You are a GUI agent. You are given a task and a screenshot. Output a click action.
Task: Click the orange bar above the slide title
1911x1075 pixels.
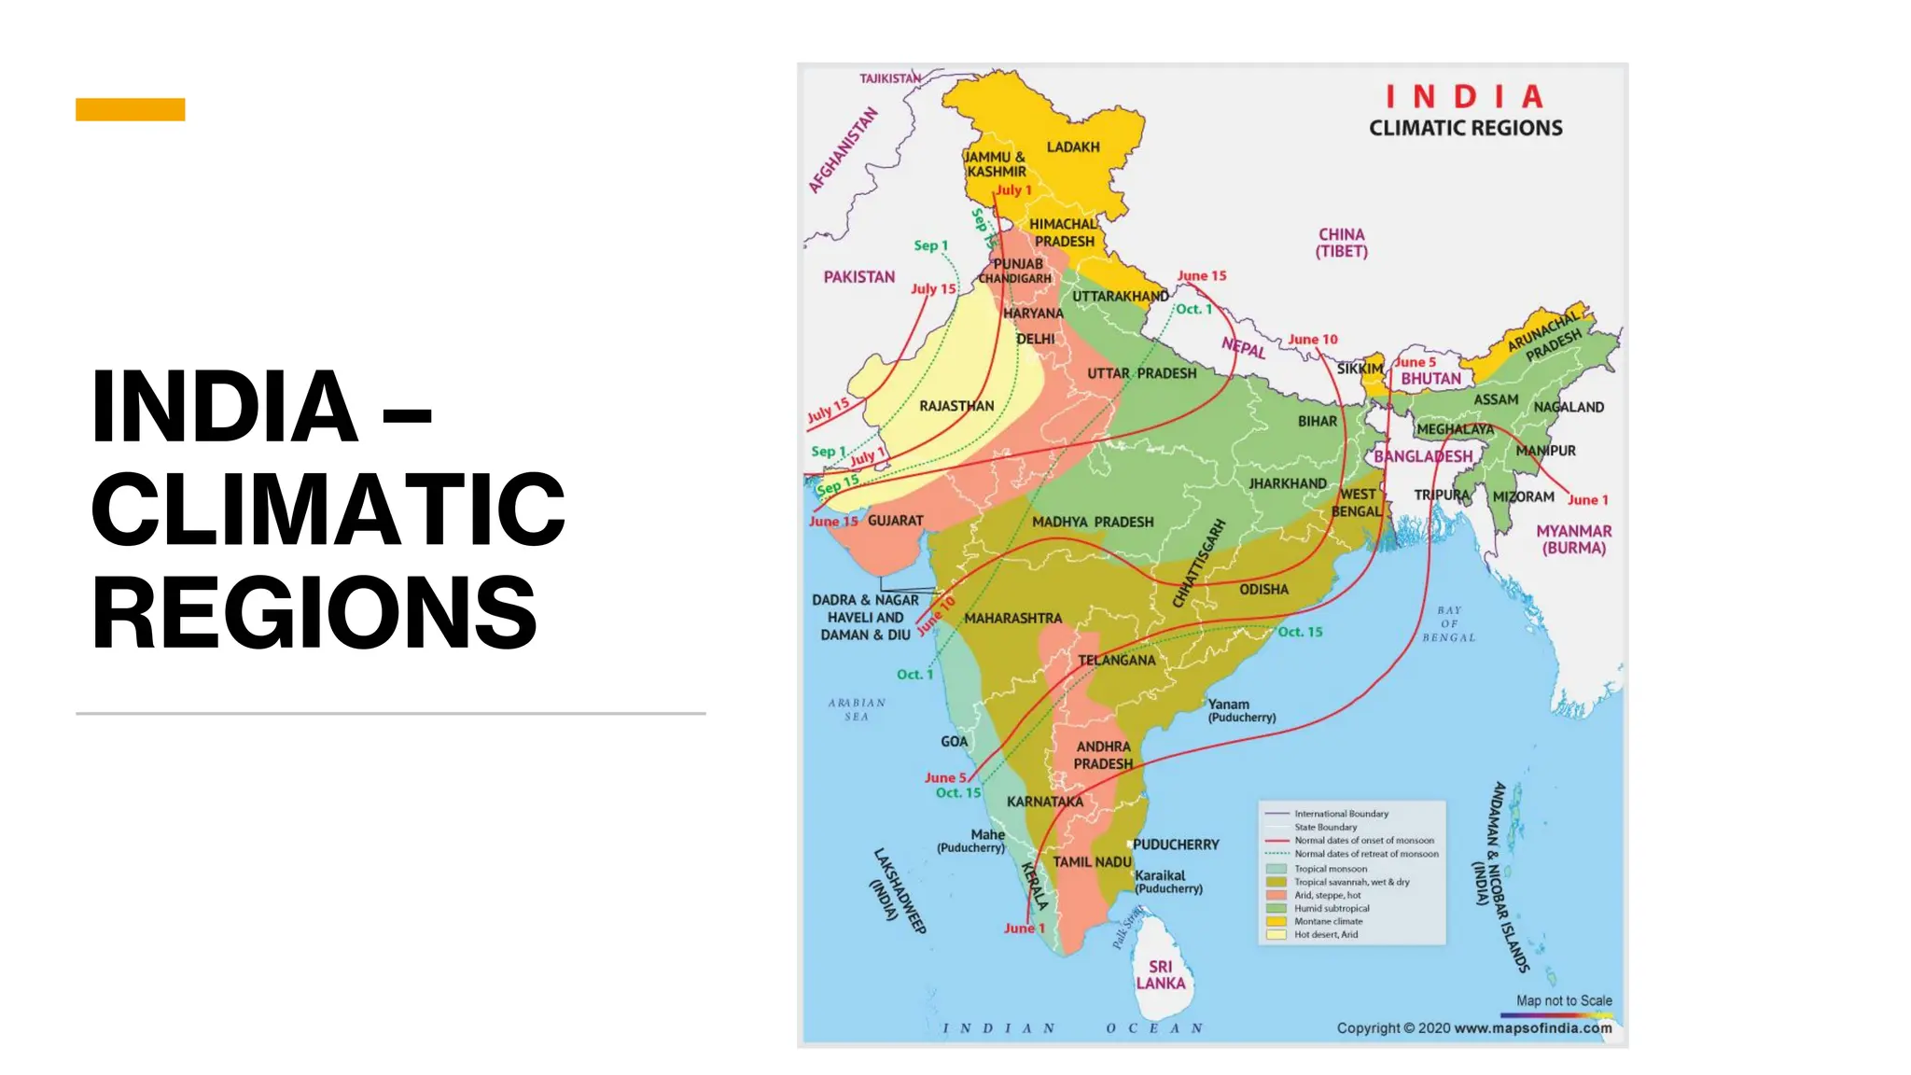(x=130, y=109)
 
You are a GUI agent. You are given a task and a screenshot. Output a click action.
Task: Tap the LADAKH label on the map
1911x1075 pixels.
(x=1073, y=147)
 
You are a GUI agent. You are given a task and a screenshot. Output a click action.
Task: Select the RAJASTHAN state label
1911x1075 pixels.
(x=956, y=406)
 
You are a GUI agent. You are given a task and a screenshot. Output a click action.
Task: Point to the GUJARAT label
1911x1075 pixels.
(x=895, y=521)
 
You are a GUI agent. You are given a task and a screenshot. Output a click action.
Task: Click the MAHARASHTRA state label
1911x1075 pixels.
(x=1012, y=618)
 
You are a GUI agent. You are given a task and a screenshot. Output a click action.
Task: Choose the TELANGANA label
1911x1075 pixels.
(x=1116, y=661)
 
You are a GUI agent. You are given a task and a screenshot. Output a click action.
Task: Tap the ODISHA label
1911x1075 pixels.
(x=1263, y=590)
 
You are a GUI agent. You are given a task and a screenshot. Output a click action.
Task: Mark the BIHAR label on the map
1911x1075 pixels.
(x=1317, y=422)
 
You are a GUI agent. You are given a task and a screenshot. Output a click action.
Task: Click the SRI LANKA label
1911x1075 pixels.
(x=1160, y=975)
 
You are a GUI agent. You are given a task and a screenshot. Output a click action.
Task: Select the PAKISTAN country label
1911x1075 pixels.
(x=858, y=277)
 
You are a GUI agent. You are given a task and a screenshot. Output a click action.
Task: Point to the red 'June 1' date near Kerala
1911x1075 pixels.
(x=1024, y=928)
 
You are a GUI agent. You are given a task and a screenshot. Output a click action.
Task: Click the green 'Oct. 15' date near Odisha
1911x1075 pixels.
(x=1300, y=632)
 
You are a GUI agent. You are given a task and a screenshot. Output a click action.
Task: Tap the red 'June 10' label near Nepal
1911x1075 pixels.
(x=1312, y=340)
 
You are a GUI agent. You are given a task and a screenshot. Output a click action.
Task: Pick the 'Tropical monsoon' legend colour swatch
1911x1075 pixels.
(x=1276, y=869)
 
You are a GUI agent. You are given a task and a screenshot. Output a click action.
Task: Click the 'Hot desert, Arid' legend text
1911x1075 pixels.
(x=1325, y=934)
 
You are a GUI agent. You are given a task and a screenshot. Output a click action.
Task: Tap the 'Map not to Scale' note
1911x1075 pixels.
(x=1564, y=1000)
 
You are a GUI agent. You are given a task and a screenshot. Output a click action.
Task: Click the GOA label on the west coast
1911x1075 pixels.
(x=954, y=742)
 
